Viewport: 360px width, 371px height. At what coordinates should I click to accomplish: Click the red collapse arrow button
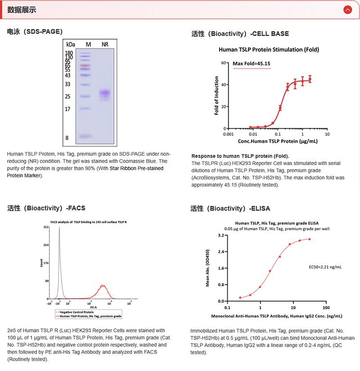point(347,9)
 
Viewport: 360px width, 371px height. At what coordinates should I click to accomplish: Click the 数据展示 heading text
point(22,10)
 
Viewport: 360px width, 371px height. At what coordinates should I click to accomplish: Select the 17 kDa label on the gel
point(67,109)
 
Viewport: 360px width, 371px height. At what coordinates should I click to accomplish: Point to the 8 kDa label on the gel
point(67,138)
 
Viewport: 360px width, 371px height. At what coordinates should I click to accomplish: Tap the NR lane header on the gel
point(105,44)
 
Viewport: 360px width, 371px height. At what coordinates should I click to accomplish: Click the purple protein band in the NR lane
point(105,94)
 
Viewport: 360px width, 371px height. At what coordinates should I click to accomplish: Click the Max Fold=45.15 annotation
point(251,63)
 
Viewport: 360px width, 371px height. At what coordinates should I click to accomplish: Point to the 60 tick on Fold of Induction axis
point(222,63)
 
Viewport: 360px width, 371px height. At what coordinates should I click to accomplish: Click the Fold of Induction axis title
point(216,96)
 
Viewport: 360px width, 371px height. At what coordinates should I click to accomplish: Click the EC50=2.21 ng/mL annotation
point(325,267)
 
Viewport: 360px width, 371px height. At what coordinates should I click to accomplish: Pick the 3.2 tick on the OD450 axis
point(220,236)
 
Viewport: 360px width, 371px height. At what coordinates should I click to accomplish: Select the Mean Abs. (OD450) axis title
point(207,268)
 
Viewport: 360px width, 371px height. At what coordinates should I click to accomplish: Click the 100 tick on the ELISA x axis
point(326,308)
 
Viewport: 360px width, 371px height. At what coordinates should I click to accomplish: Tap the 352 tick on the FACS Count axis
point(46,228)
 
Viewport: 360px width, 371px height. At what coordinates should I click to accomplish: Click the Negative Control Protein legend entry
point(75,311)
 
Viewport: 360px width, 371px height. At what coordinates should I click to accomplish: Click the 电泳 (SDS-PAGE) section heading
point(35,31)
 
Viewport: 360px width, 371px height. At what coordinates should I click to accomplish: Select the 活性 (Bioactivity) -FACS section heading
point(46,208)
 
